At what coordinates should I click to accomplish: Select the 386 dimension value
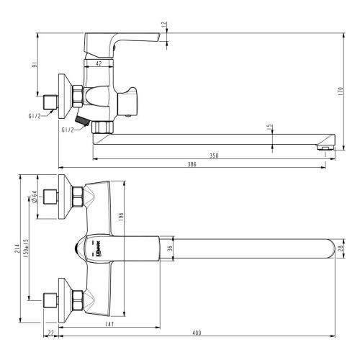192,164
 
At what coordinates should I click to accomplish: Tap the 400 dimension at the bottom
197,333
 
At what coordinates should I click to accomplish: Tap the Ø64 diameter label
34,196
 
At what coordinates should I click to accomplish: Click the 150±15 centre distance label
27,250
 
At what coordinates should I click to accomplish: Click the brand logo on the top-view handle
102,249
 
